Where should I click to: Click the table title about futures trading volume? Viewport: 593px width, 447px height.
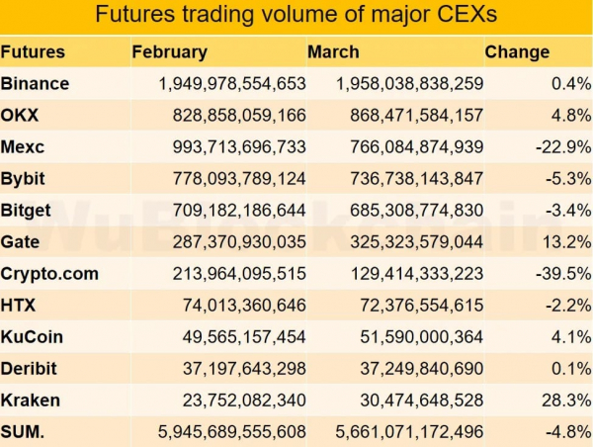[296, 16]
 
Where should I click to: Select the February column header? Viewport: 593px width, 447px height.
[169, 52]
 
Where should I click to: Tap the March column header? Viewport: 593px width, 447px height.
[333, 52]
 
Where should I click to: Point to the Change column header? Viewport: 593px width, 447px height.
[517, 52]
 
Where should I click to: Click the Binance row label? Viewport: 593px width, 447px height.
[36, 84]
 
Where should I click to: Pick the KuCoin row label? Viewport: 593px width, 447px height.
[33, 336]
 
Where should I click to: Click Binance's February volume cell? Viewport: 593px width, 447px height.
[232, 84]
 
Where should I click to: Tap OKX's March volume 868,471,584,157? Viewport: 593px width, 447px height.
[410, 116]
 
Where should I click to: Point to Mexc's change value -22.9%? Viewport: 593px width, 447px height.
[562, 147]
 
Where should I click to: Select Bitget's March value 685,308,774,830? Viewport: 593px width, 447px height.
[410, 211]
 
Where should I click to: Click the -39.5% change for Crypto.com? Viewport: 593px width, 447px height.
[562, 273]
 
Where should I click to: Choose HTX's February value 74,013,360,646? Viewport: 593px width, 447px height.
[244, 305]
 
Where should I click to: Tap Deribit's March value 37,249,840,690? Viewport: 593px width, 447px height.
[414, 368]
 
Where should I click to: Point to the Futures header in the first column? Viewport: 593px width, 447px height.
[33, 52]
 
